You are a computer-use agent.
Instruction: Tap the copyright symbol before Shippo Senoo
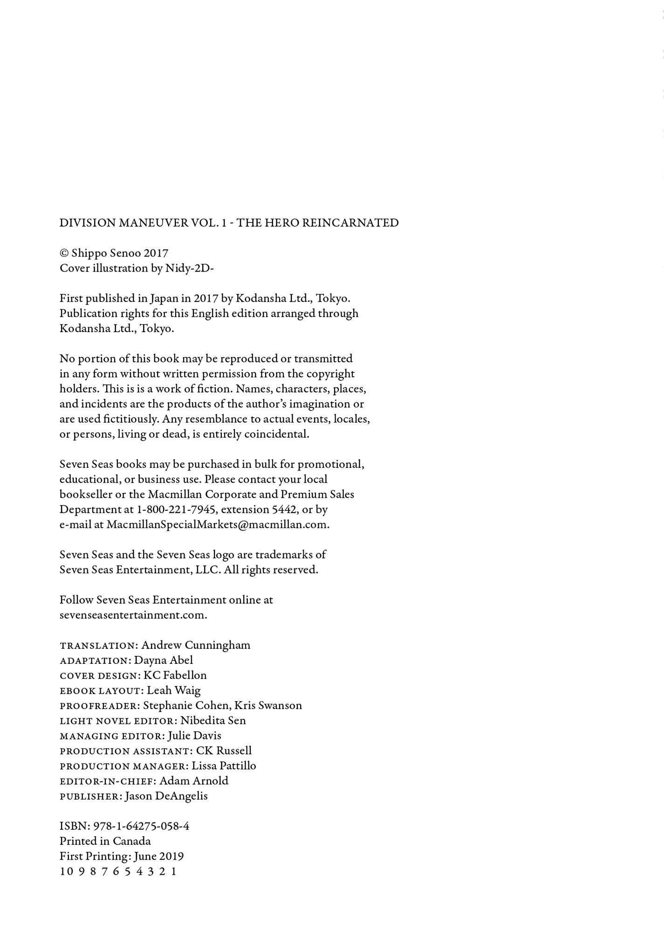click(64, 253)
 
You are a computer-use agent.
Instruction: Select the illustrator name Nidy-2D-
click(190, 268)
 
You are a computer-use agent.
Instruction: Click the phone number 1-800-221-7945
click(177, 509)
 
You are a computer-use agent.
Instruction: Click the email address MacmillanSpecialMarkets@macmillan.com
click(218, 524)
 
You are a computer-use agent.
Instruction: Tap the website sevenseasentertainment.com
click(133, 615)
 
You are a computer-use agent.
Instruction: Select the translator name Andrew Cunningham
click(196, 645)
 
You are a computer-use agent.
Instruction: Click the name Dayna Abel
click(164, 660)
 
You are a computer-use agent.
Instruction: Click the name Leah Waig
click(174, 690)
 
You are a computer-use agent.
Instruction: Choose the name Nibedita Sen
click(213, 721)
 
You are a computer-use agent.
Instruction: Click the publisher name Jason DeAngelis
click(166, 796)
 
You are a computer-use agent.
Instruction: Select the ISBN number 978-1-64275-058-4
click(141, 826)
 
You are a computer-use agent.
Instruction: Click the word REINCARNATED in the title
click(350, 223)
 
